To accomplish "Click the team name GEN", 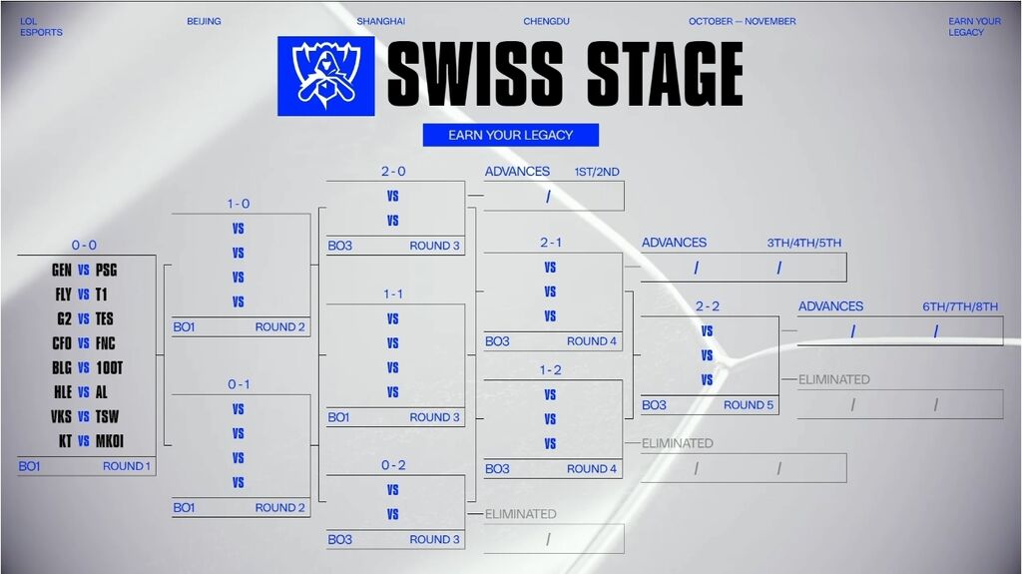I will point(62,270).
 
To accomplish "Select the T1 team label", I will point(102,294).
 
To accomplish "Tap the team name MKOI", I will point(110,441).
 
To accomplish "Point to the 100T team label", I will point(110,367).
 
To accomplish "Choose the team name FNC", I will point(106,343).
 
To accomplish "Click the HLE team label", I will point(63,392).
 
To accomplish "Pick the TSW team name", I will point(107,416).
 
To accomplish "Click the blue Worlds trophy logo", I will point(325,76).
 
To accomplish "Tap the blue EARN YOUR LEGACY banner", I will point(510,135).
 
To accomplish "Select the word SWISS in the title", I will point(475,75).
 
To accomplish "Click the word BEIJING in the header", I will point(204,22).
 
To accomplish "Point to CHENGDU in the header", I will point(547,22).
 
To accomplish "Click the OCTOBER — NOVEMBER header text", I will point(742,22).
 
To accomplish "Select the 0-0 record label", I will point(84,246).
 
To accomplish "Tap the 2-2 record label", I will point(708,306).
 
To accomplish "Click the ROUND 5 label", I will point(749,405).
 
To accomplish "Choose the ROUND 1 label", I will point(127,466).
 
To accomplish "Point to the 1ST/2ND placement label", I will point(596,172).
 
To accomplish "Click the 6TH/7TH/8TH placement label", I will point(960,306).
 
